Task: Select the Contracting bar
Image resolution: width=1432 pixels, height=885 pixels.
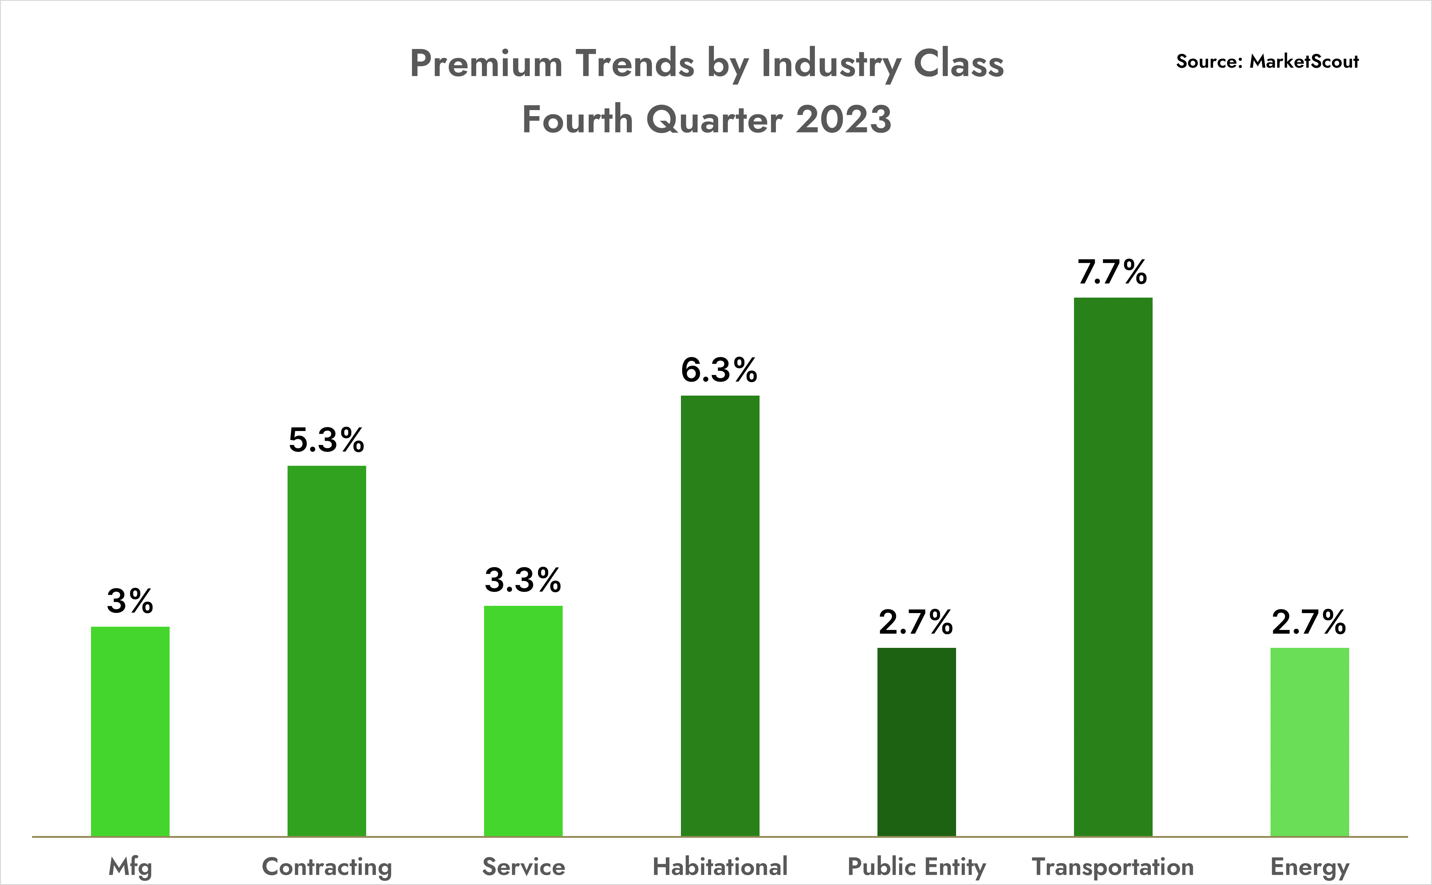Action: (x=327, y=651)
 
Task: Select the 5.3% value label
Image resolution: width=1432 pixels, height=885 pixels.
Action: (x=327, y=440)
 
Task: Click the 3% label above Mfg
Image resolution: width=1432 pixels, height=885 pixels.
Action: (x=130, y=601)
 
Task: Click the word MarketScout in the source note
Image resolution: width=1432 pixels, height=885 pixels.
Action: (x=1304, y=61)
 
